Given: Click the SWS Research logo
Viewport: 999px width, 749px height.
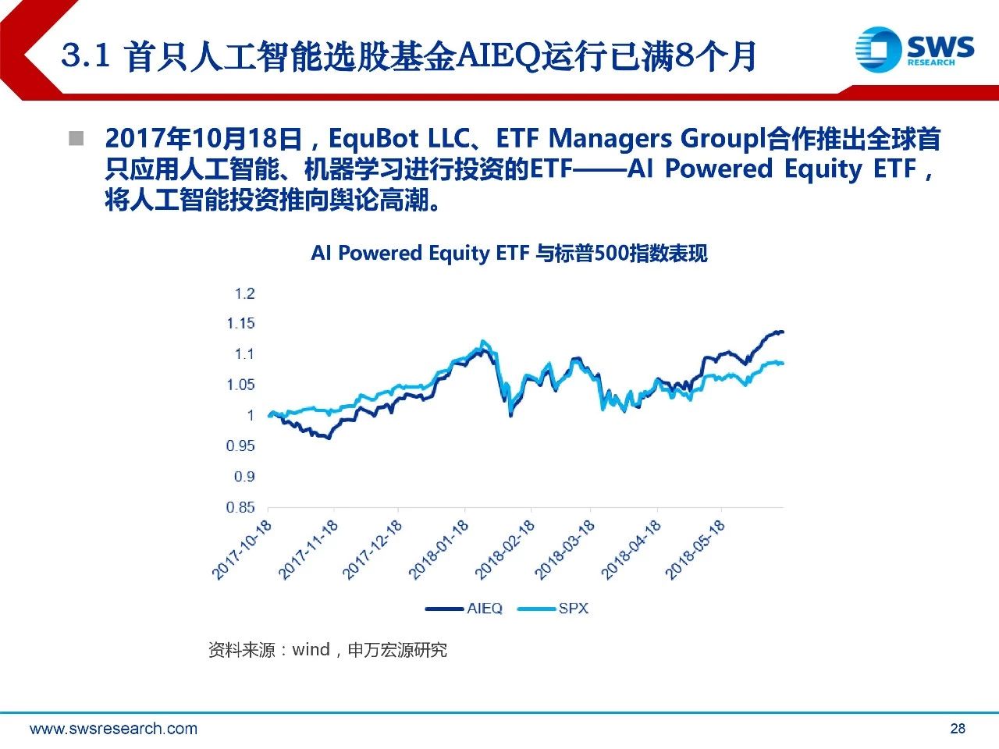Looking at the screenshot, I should pos(914,49).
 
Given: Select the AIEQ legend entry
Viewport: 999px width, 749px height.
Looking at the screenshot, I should pos(484,608).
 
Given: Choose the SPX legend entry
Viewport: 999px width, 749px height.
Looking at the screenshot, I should pos(573,608).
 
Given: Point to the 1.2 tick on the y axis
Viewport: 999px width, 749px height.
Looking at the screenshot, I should pos(244,293).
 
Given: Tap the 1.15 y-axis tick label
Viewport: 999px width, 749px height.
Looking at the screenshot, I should pos(241,323).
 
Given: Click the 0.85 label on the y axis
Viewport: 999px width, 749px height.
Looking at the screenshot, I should pos(240,507).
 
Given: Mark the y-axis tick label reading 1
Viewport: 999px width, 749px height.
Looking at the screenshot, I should pos(251,415).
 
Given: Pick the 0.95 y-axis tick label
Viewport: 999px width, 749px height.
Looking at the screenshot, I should pos(240,445).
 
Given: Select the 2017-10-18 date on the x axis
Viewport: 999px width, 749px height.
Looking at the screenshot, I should pos(242,549).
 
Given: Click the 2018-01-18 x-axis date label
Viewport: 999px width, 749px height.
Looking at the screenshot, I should pos(439,549).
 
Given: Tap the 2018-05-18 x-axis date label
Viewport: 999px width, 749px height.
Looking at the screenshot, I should pos(695,549).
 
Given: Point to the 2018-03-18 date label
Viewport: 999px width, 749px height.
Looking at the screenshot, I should pos(565,549).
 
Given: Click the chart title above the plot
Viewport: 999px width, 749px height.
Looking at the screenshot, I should pos(509,254).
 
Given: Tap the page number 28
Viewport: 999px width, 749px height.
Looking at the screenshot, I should pos(958,729).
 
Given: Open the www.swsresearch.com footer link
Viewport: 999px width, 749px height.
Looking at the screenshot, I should pos(113,729).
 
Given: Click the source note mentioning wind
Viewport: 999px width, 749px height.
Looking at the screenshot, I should pos(328,650).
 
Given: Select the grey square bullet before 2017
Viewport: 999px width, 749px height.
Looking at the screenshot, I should pos(76,139).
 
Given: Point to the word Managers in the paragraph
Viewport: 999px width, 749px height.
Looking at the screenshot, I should pos(610,139).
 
